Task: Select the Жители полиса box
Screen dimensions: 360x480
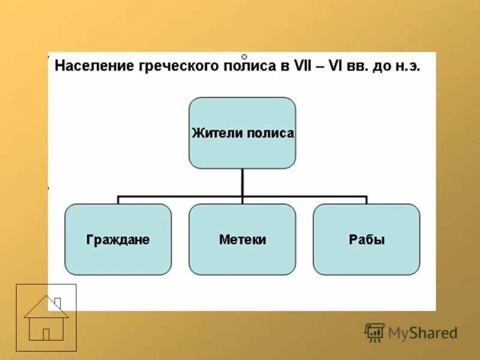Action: pos(242,133)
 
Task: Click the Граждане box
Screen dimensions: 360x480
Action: pos(118,239)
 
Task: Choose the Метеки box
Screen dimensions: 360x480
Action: pos(242,239)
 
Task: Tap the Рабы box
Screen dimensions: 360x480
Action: pos(367,239)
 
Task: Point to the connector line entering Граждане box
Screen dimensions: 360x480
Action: pos(118,200)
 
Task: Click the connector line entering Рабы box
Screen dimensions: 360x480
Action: pos(367,200)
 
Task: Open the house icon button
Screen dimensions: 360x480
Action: pos(46,317)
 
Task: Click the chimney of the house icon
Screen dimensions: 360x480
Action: pos(58,302)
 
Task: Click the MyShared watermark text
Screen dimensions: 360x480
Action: pos(422,332)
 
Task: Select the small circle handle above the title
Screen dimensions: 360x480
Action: pos(244,56)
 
